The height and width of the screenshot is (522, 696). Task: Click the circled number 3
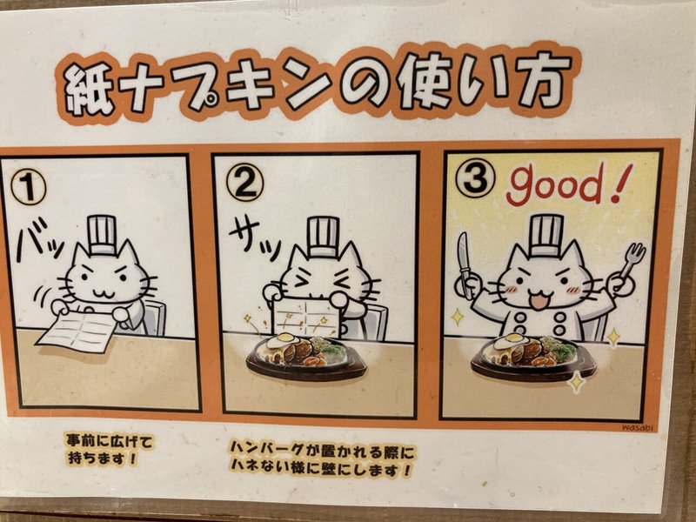(x=476, y=179)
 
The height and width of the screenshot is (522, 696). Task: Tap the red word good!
(x=565, y=184)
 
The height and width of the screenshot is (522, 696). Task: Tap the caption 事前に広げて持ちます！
(x=110, y=450)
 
